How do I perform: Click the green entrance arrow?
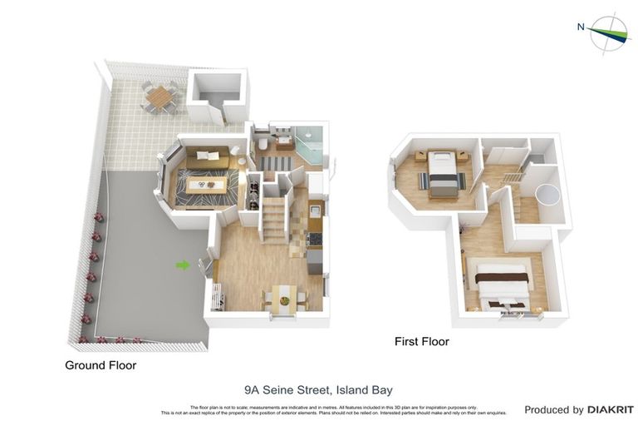[183, 265]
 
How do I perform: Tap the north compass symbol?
[610, 32]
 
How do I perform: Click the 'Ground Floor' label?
[101, 365]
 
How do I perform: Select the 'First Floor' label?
[421, 342]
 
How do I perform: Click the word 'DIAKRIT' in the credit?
[611, 409]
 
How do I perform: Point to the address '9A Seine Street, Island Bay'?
[318, 389]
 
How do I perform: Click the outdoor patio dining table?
[159, 97]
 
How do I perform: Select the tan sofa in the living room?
[207, 156]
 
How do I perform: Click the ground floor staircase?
[275, 216]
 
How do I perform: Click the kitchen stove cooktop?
[316, 239]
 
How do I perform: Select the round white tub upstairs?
[547, 196]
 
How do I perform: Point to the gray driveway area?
[150, 258]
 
